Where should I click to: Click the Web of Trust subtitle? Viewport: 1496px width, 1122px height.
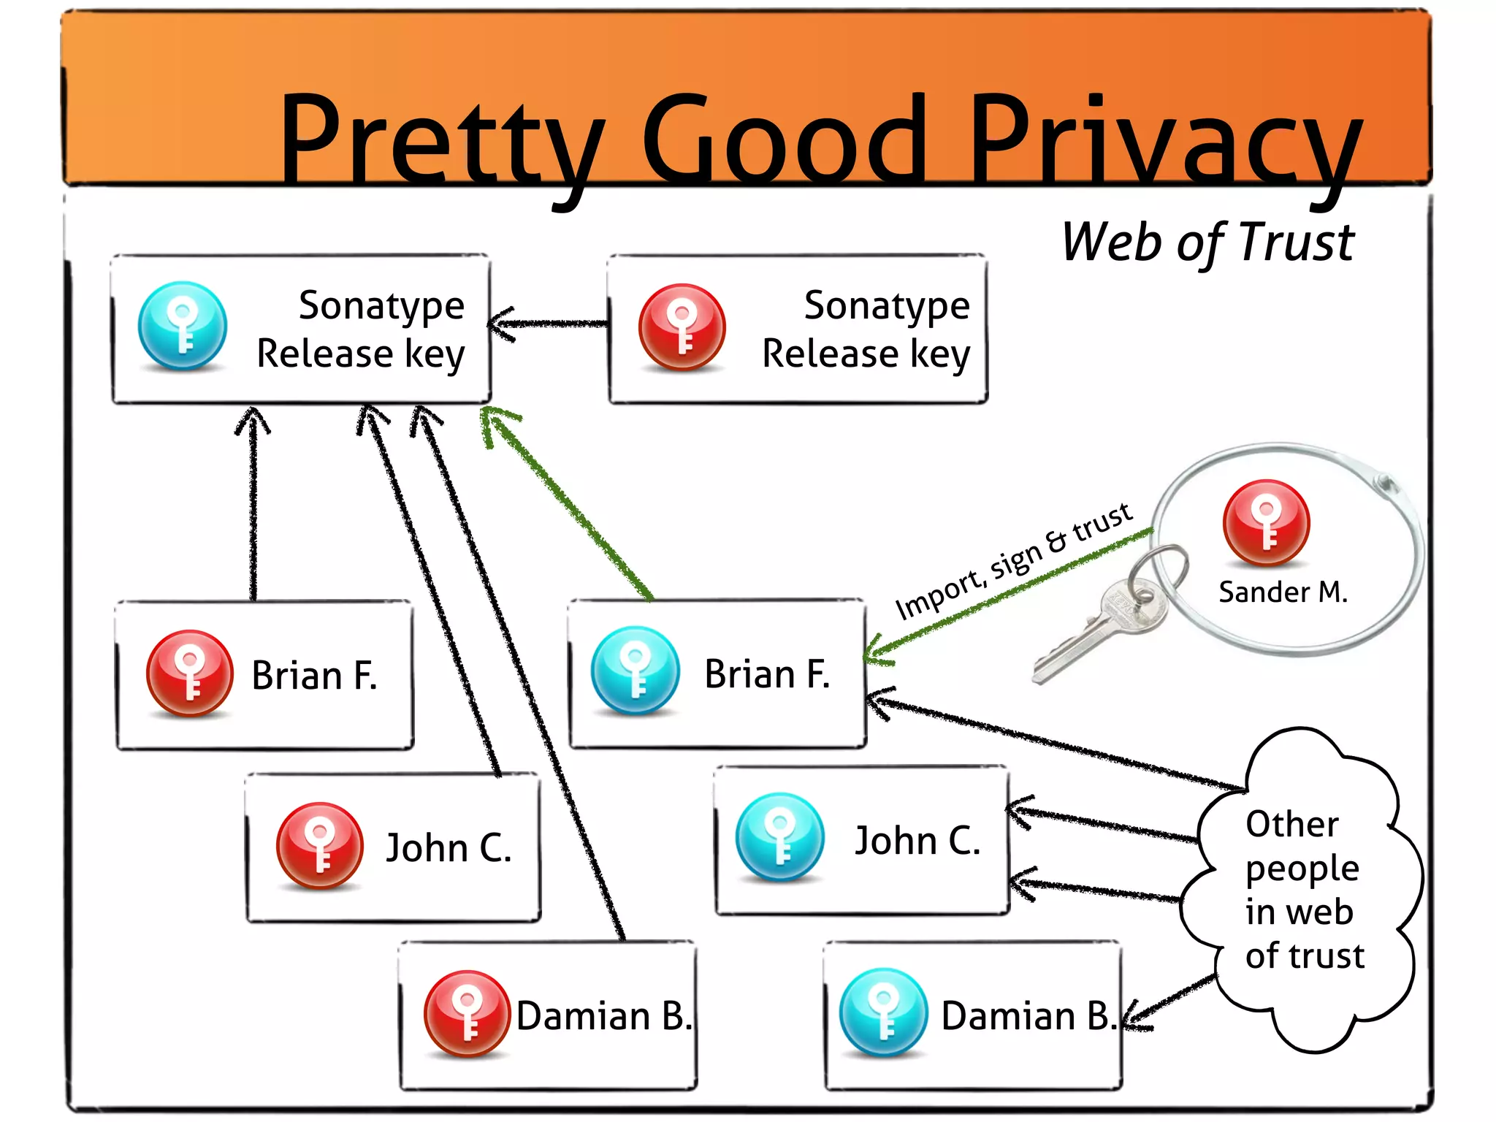(x=1207, y=243)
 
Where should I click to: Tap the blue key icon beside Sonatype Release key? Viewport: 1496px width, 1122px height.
(x=183, y=326)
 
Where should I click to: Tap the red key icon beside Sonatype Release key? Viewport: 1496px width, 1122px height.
(x=682, y=327)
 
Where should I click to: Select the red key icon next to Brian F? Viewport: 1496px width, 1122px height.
(x=190, y=673)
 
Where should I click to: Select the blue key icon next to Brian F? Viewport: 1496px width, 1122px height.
(x=636, y=670)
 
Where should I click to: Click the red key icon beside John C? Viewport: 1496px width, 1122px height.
(x=320, y=846)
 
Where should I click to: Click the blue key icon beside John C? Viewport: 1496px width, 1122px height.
(x=780, y=837)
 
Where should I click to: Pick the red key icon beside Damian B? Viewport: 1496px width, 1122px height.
(x=467, y=1013)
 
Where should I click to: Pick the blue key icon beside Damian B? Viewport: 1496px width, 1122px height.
(x=883, y=1012)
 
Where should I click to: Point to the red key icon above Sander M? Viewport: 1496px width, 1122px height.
(x=1267, y=522)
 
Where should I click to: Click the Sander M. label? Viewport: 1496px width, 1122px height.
(x=1283, y=592)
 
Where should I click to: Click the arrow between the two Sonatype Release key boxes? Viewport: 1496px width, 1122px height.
(x=548, y=324)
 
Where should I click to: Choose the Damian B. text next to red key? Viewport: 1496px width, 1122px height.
(x=603, y=1016)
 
